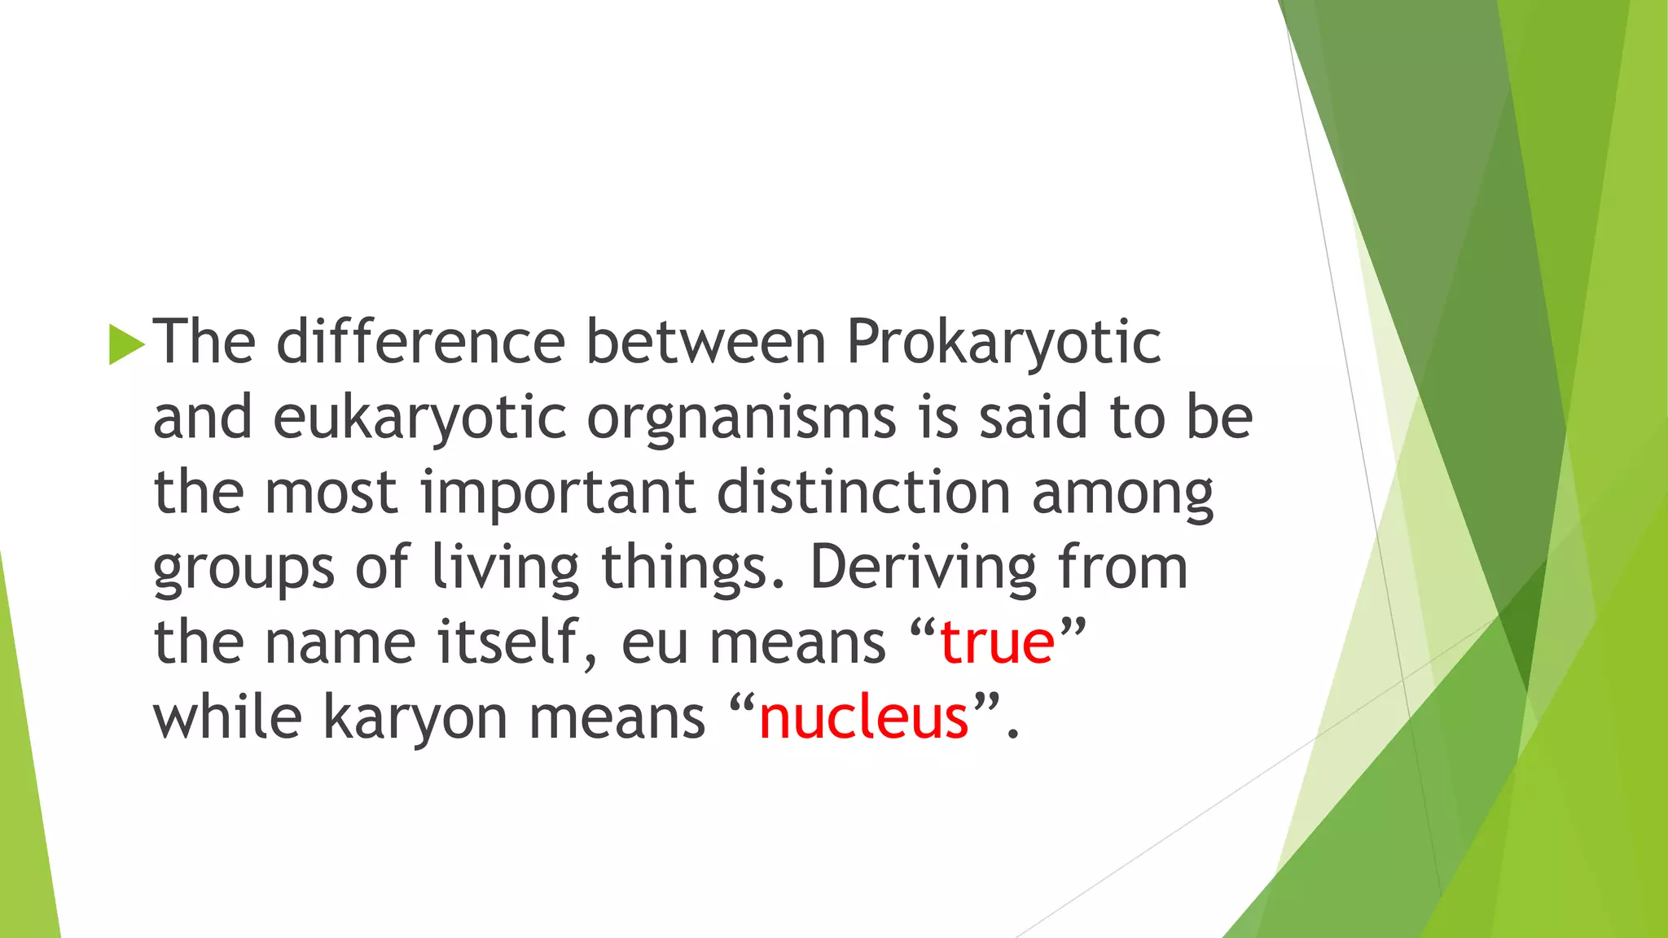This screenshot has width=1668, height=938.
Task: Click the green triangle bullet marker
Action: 126,344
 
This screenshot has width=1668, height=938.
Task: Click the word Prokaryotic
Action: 1003,343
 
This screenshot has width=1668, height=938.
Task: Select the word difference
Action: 420,341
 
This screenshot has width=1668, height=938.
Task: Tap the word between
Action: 706,341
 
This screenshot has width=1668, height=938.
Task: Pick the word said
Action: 1034,416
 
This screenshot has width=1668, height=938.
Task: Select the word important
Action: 558,493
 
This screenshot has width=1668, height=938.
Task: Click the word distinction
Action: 863,492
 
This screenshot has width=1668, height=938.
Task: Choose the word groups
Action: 244,568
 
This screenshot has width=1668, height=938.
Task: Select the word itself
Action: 519,642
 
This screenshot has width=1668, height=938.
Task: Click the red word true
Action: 997,643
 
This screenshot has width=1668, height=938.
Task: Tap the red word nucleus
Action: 863,718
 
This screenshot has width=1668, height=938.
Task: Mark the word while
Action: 227,717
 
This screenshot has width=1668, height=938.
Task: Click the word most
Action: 331,493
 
